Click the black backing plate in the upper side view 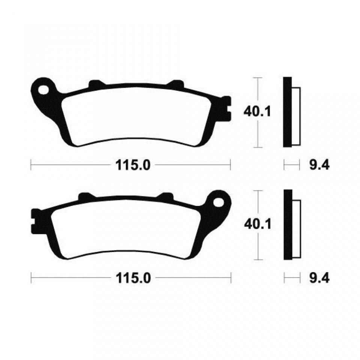click(287, 112)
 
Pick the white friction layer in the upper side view click(296, 116)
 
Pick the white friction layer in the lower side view click(296, 229)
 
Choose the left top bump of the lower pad click(85, 196)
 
